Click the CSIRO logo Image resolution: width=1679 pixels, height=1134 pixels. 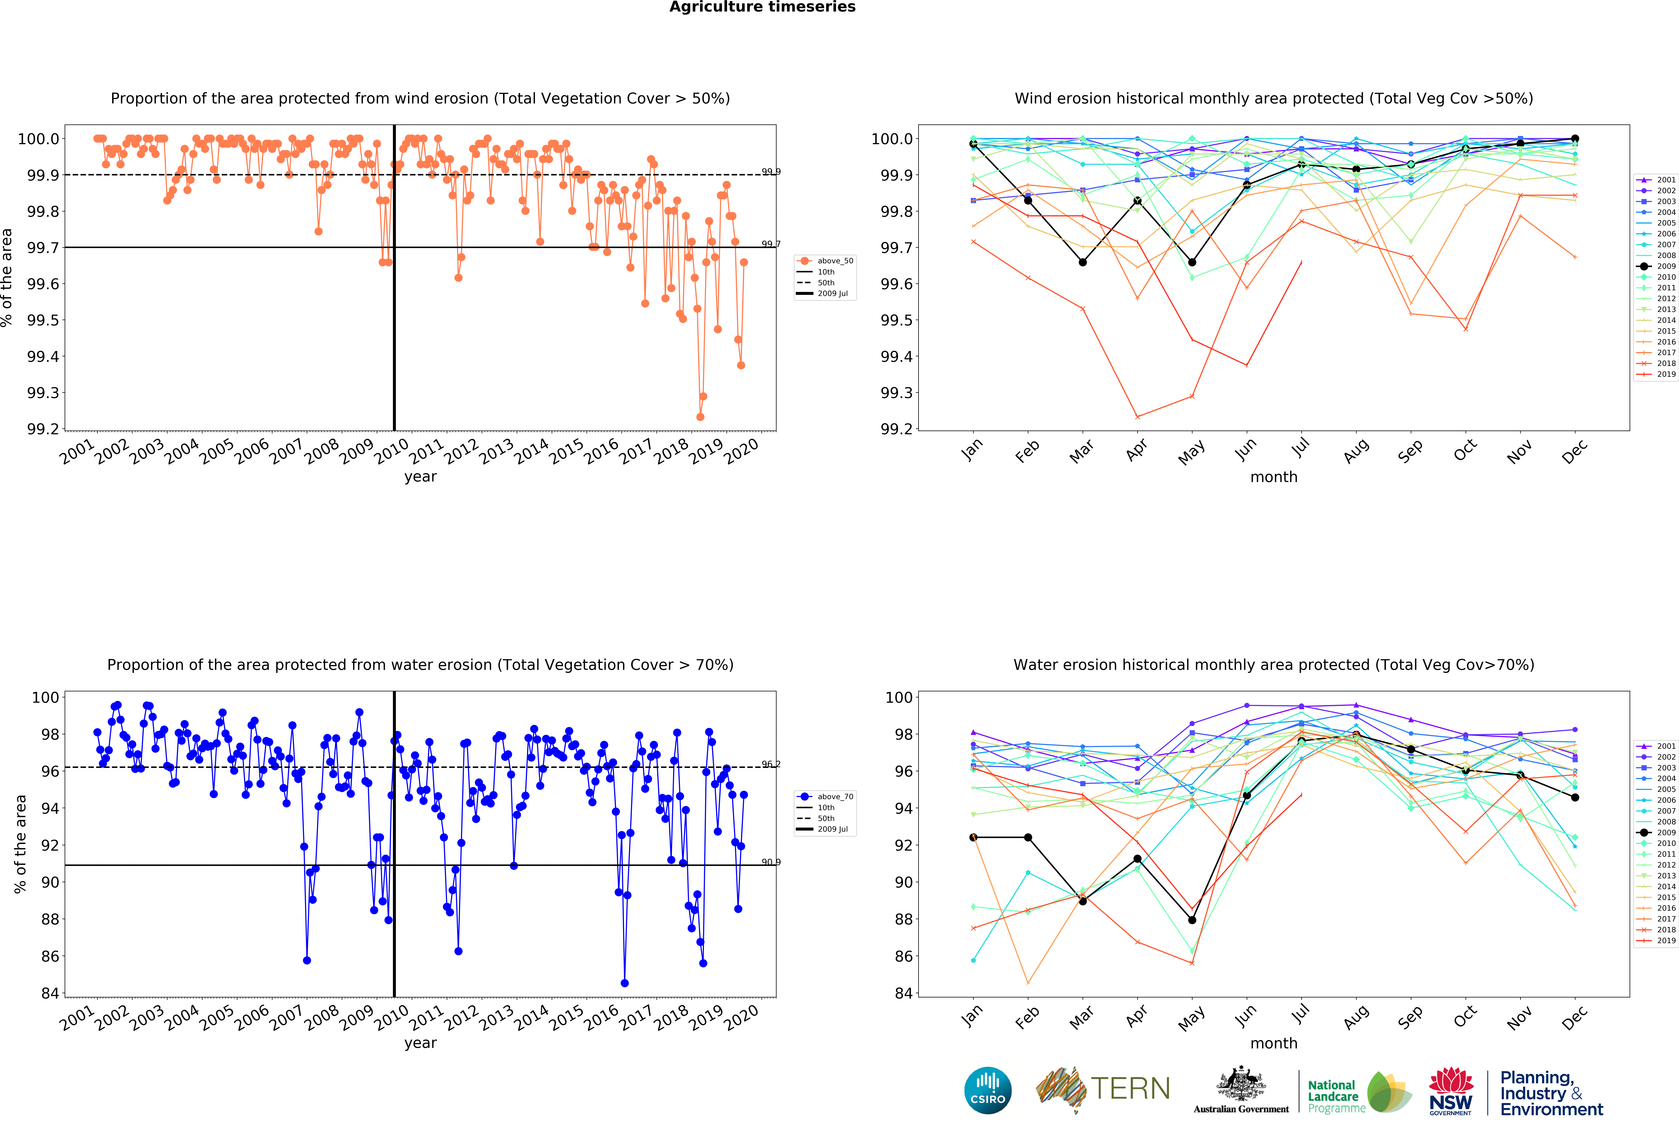click(988, 1090)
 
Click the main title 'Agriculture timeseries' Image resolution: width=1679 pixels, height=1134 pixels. click(762, 7)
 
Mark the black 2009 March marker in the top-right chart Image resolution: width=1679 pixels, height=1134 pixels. click(1082, 262)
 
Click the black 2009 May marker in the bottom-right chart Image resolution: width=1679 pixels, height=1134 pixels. click(1192, 920)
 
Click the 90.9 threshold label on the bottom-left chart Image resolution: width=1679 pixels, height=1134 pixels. click(771, 862)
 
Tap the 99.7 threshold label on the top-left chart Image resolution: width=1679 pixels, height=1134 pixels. click(771, 244)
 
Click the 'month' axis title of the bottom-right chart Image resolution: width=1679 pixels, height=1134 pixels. click(1274, 1043)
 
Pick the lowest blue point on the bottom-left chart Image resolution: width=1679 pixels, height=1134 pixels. click(624, 983)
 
